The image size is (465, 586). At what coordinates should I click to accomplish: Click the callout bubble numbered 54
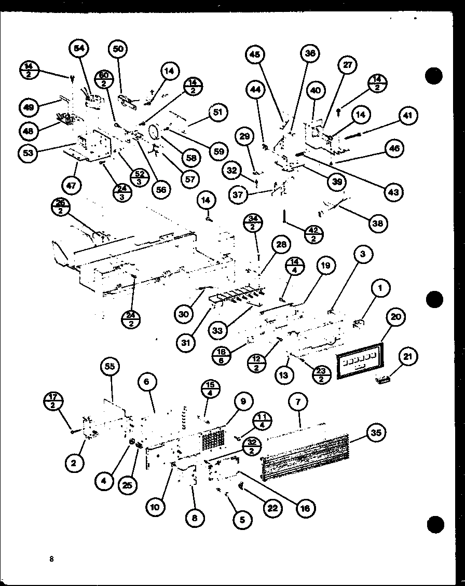click(x=79, y=48)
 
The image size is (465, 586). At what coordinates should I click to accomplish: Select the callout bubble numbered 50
click(x=118, y=49)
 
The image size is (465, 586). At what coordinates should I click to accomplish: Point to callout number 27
click(x=347, y=65)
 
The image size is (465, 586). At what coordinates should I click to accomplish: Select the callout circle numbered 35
click(x=377, y=432)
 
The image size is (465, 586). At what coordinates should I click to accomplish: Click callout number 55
click(x=109, y=366)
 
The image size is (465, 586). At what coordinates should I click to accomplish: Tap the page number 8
click(x=51, y=559)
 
